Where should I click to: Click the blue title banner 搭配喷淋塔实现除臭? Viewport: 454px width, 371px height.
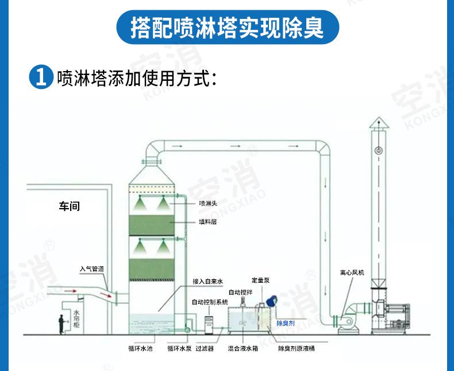[227, 27]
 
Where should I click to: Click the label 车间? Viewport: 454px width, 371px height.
[70, 206]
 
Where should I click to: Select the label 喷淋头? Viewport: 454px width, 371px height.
[207, 202]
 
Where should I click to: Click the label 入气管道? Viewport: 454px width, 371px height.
[92, 268]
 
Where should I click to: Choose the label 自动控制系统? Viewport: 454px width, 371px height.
[210, 302]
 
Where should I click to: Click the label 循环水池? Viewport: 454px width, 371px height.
[140, 348]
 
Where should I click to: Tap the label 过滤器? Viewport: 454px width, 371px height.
[205, 348]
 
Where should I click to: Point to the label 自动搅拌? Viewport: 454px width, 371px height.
[240, 292]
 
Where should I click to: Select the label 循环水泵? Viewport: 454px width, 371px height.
[179, 348]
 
